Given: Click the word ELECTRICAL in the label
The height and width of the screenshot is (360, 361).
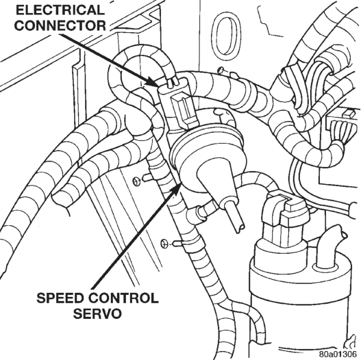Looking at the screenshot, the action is point(59,10).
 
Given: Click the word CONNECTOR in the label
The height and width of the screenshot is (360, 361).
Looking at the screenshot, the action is point(60,25).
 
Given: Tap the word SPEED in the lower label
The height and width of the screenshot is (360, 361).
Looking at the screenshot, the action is point(60,298).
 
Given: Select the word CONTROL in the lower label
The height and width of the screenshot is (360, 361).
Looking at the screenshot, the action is point(123,298).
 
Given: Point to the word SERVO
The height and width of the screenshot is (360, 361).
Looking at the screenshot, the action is point(97,313).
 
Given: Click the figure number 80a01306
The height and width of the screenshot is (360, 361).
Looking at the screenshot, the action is point(338,353).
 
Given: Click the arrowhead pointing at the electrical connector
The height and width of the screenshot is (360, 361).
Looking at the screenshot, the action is point(151,82).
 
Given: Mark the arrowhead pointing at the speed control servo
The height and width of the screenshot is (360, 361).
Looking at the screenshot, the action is point(176,188).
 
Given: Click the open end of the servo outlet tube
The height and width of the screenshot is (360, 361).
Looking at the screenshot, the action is point(240,228).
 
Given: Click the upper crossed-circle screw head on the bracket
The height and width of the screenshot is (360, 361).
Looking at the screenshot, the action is point(136,181).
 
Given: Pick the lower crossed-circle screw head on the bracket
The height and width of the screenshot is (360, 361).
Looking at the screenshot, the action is point(164,244).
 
